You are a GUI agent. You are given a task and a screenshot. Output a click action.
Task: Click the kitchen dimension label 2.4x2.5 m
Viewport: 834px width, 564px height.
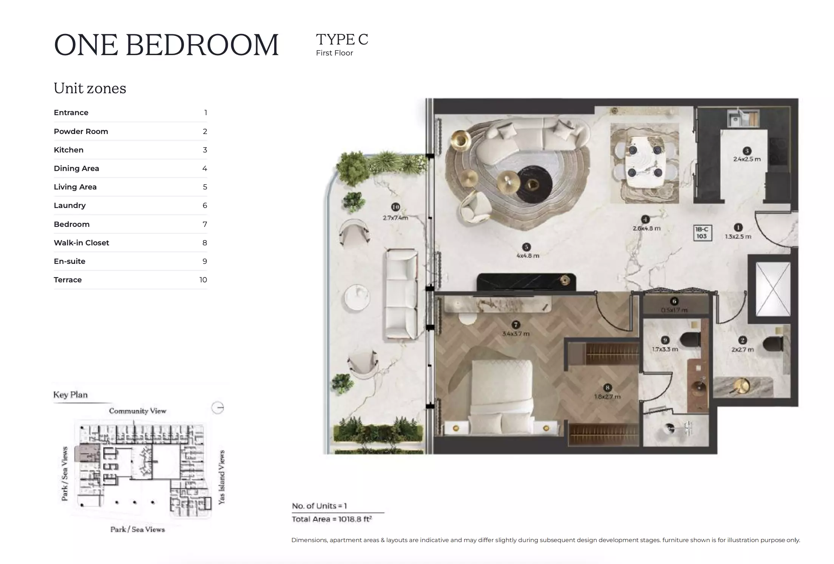click(x=747, y=159)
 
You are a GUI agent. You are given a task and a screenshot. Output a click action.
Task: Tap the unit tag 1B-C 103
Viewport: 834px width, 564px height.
click(x=701, y=233)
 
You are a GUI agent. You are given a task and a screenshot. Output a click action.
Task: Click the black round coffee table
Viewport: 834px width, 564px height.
click(x=534, y=185)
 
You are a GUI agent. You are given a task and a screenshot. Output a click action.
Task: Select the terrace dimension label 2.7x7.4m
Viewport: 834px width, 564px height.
click(x=395, y=218)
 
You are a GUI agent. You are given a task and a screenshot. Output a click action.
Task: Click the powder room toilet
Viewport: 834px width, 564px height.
click(x=773, y=344)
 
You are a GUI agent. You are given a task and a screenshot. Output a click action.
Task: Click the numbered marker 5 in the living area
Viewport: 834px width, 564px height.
click(x=526, y=247)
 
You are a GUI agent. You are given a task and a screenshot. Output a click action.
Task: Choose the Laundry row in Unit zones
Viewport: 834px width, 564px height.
click(x=130, y=205)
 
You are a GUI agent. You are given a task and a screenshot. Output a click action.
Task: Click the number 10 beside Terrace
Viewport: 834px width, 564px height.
click(x=203, y=280)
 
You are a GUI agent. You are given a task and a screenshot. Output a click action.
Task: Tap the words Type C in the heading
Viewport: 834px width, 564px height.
click(x=342, y=40)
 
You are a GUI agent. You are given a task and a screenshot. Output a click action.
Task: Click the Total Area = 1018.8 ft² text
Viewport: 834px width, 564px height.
click(x=332, y=519)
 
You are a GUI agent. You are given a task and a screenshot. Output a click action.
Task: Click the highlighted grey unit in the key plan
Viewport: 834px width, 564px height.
click(x=87, y=452)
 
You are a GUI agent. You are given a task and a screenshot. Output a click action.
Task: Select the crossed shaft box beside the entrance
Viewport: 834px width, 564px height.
click(x=772, y=289)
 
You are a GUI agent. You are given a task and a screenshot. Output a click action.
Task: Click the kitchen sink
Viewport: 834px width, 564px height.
click(x=735, y=120)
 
